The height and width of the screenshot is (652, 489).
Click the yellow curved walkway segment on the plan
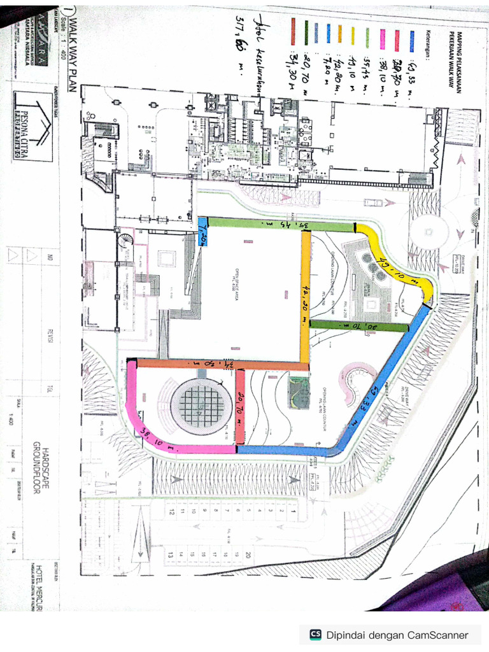pos(401,261)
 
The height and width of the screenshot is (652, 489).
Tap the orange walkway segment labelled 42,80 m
pos(306,296)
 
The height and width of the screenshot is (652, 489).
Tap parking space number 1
pos(294,510)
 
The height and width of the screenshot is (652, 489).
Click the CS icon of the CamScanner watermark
pos(315,634)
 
